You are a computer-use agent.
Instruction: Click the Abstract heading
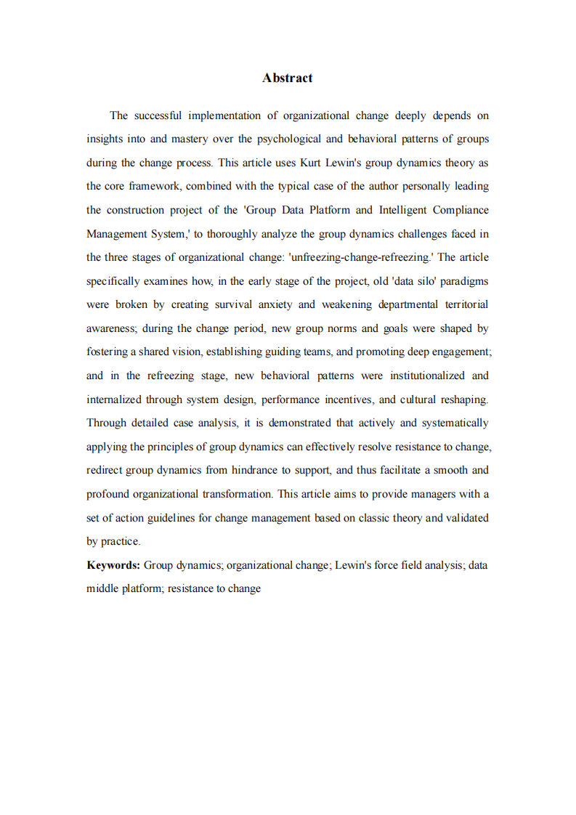click(288, 78)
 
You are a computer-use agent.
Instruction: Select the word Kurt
click(312, 163)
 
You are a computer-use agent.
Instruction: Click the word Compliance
click(461, 210)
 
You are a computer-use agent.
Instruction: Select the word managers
click(433, 494)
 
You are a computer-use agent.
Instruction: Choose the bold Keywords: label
click(113, 565)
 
